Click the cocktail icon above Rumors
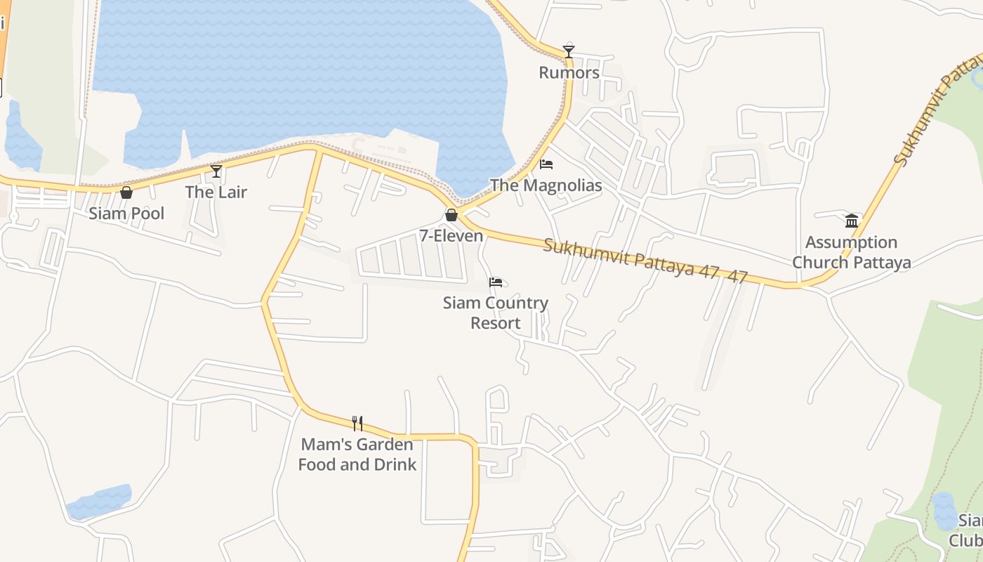point(569,51)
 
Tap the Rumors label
point(569,72)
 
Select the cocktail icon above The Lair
point(216,171)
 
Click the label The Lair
point(216,192)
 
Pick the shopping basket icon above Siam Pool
point(126,192)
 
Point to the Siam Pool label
point(126,214)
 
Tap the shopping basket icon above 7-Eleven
point(451,215)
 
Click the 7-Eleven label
point(451,236)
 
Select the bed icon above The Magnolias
point(546,164)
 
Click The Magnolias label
point(546,185)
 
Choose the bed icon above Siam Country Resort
point(496,282)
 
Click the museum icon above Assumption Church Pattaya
point(852,221)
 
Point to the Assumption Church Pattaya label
point(852,252)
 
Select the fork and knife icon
point(357,423)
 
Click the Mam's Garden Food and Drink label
point(357,455)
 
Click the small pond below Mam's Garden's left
point(99,501)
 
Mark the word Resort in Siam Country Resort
point(496,323)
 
